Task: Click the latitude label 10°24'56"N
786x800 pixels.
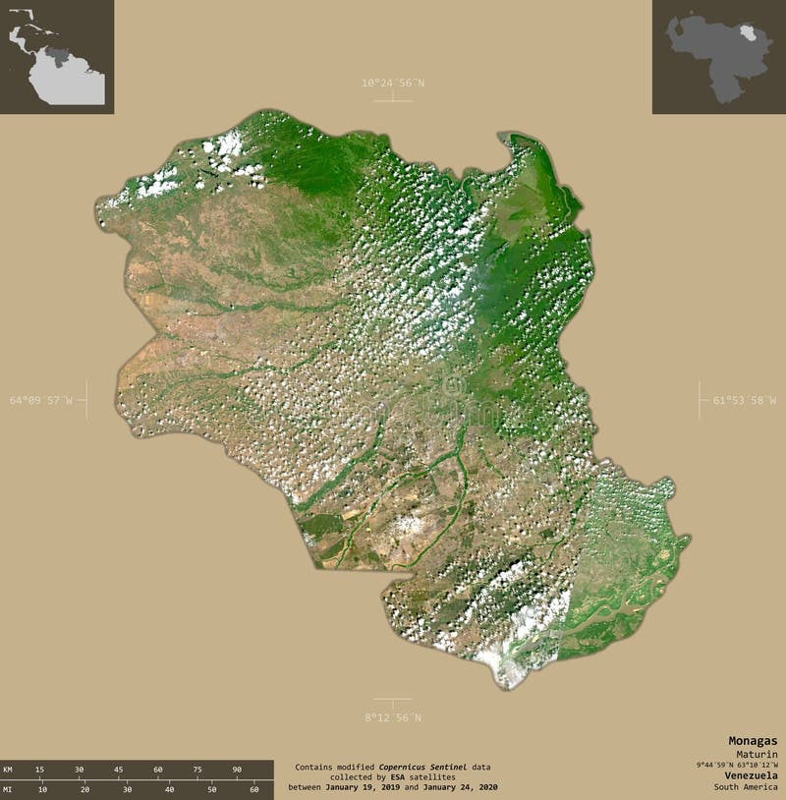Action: click(392, 83)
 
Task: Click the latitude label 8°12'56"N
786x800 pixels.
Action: click(392, 717)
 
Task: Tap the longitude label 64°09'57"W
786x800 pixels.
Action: click(41, 400)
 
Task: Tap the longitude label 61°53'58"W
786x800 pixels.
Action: click(744, 400)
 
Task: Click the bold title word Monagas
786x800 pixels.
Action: click(753, 740)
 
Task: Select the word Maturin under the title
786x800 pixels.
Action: click(758, 753)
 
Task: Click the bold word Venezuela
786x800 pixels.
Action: click(748, 774)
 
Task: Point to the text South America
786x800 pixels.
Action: click(746, 786)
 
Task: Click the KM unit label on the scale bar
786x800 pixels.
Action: click(8, 769)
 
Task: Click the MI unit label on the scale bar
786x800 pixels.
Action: click(8, 789)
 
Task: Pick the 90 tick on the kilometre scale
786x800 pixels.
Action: click(237, 769)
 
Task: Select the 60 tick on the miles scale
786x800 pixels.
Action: click(254, 789)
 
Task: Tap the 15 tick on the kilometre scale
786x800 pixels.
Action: click(39, 769)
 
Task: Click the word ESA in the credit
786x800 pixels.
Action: click(396, 777)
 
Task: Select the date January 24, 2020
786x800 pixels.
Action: click(462, 788)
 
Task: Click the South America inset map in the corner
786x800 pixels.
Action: click(56, 56)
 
